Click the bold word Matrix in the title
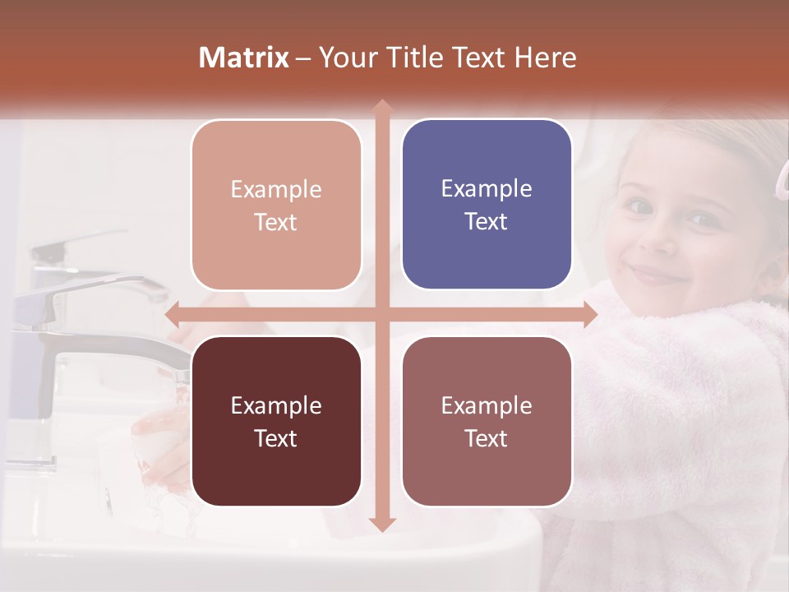pyautogui.click(x=244, y=58)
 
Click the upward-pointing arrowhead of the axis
pyautogui.click(x=381, y=107)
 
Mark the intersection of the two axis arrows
pyautogui.click(x=381, y=315)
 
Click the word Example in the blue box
pyautogui.click(x=487, y=188)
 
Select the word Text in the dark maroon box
pyautogui.click(x=276, y=438)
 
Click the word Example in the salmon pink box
pyautogui.click(x=276, y=189)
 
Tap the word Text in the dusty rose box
pyautogui.click(x=487, y=438)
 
